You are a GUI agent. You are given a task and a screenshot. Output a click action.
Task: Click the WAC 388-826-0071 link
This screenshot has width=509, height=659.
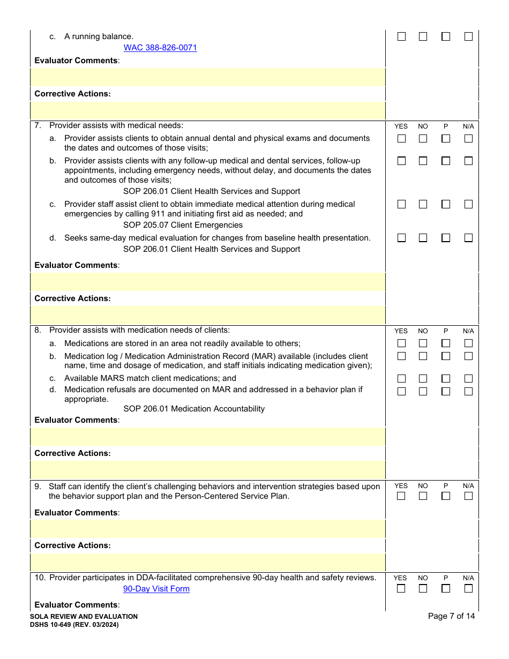click(160, 48)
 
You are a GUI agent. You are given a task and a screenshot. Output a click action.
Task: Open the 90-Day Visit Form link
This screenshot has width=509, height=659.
click(156, 589)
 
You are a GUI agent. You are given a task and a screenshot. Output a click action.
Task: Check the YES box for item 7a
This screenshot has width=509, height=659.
click(401, 139)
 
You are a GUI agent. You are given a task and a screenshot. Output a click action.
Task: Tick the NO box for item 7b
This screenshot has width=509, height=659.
click(423, 161)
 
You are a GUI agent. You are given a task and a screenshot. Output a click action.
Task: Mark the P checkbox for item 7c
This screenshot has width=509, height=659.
click(446, 204)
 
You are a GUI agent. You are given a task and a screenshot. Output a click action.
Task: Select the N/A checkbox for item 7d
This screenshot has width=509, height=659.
click(468, 238)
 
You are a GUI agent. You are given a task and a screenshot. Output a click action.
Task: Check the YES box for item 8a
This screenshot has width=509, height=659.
click(401, 343)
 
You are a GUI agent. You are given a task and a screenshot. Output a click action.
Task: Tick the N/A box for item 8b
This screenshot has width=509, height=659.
click(468, 356)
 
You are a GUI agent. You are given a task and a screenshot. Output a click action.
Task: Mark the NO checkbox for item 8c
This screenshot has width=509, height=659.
click(423, 379)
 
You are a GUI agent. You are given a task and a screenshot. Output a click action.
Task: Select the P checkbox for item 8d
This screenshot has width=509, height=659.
click(446, 392)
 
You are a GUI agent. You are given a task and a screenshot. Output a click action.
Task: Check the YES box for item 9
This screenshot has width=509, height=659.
click(401, 496)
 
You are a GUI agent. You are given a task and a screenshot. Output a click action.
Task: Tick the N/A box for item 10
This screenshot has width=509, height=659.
click(468, 588)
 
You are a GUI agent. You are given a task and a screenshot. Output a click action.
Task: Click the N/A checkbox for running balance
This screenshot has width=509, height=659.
click(468, 37)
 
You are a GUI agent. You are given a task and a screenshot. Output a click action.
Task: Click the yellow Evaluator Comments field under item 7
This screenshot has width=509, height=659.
click(208, 282)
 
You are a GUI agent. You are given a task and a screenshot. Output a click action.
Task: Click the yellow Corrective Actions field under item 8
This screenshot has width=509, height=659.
click(208, 470)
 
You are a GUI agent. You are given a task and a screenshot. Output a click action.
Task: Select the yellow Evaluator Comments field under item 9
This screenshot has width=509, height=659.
click(208, 529)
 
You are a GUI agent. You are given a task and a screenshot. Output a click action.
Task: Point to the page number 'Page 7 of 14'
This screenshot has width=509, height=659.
click(451, 616)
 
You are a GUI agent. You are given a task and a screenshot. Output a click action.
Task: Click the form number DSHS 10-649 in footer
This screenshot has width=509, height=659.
click(74, 625)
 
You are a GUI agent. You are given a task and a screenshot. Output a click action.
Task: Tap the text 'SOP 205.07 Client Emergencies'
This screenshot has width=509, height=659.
click(183, 225)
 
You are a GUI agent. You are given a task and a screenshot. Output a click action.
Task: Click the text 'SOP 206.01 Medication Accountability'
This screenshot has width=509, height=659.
click(194, 409)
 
